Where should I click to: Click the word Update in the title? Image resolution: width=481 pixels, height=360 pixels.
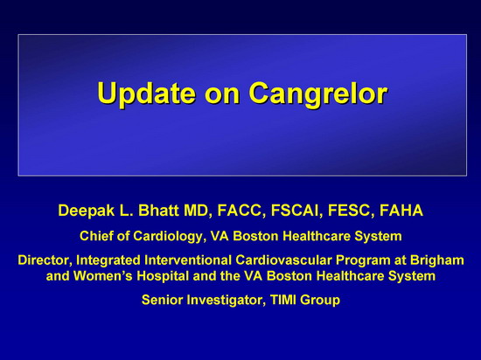tap(146, 94)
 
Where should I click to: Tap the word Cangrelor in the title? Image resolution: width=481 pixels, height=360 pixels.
tap(318, 93)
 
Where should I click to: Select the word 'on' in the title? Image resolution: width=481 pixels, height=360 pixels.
tap(222, 95)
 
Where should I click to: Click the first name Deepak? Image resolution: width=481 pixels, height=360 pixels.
tap(87, 211)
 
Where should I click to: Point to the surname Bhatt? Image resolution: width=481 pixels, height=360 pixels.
tap(158, 211)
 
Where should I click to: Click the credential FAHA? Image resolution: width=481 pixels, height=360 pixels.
tap(401, 211)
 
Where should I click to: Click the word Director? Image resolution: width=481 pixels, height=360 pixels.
tap(45, 260)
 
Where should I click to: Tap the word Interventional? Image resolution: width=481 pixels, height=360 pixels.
tap(188, 260)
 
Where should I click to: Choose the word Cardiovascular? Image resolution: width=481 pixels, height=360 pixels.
tap(283, 260)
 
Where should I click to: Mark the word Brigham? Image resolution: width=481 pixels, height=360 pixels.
tap(437, 260)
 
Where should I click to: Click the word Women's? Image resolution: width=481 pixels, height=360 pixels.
tap(103, 276)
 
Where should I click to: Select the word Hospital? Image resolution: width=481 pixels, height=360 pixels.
tap(163, 277)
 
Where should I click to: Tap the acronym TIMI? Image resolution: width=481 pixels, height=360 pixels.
tap(283, 300)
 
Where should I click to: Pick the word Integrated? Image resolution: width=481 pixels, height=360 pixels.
tap(108, 260)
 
